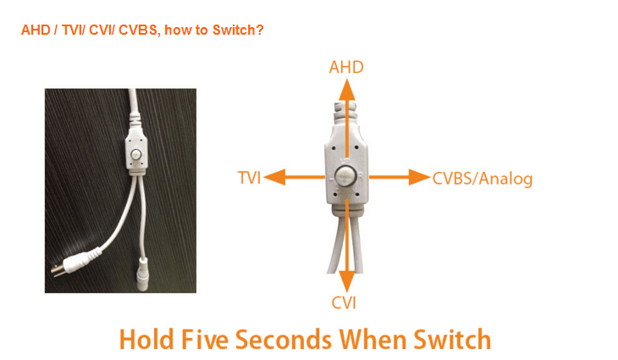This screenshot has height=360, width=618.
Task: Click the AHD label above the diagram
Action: click(x=346, y=68)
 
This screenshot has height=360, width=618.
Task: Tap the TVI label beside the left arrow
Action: click(x=250, y=178)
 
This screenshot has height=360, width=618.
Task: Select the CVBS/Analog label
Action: click(x=483, y=179)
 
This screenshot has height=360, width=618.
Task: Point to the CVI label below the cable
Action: click(x=344, y=303)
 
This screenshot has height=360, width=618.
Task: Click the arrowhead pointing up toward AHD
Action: click(x=347, y=90)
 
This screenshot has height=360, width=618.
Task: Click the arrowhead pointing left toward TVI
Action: click(x=274, y=177)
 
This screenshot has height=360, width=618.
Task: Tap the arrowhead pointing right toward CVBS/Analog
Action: click(x=419, y=177)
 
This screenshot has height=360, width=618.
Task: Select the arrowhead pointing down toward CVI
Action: click(x=347, y=281)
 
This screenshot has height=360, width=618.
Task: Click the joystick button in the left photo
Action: click(x=135, y=154)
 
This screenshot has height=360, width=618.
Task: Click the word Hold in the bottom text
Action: click(x=146, y=339)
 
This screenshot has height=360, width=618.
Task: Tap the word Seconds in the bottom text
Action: click(x=284, y=339)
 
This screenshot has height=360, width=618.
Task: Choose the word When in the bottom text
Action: click(x=372, y=339)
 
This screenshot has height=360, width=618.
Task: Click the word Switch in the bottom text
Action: click(x=452, y=339)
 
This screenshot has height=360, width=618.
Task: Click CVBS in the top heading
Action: click(x=138, y=30)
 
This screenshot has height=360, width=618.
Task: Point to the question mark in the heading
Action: click(x=260, y=30)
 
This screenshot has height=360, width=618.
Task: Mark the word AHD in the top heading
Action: click(x=36, y=30)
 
